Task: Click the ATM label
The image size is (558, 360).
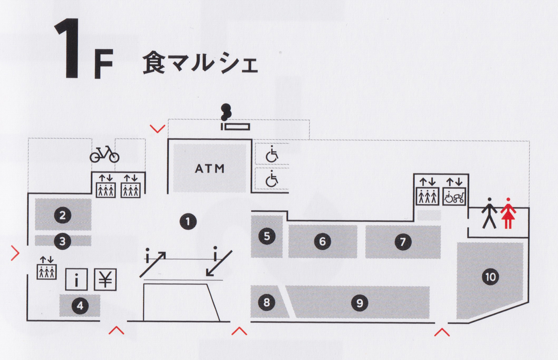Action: click(x=209, y=168)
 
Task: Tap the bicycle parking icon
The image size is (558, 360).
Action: click(x=104, y=153)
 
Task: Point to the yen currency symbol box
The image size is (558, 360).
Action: click(x=106, y=280)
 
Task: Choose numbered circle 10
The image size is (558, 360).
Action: click(x=490, y=277)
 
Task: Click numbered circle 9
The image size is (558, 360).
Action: click(x=359, y=303)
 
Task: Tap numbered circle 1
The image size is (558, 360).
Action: click(x=188, y=221)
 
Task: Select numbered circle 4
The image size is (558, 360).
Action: click(x=80, y=306)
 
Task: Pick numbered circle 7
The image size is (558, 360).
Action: click(x=403, y=241)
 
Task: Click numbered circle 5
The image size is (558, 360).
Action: click(x=266, y=236)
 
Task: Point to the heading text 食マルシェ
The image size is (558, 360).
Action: click(x=199, y=63)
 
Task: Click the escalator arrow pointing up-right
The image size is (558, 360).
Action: click(x=155, y=263)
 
